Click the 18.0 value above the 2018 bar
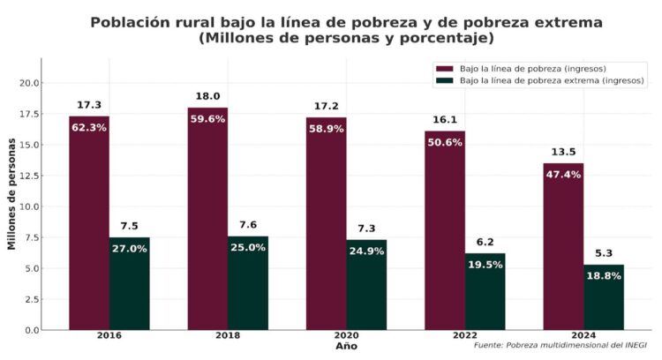click(207, 96)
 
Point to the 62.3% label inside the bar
click(89, 127)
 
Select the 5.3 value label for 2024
click(604, 253)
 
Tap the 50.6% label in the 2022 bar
click(445, 142)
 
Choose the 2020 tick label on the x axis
click(346, 337)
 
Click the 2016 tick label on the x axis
click(109, 337)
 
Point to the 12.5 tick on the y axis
click(29, 175)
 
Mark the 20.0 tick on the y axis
click(29, 83)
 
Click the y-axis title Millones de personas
click(11, 194)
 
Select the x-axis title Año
click(346, 347)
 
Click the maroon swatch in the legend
click(443, 69)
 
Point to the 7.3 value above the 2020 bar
click(366, 229)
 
